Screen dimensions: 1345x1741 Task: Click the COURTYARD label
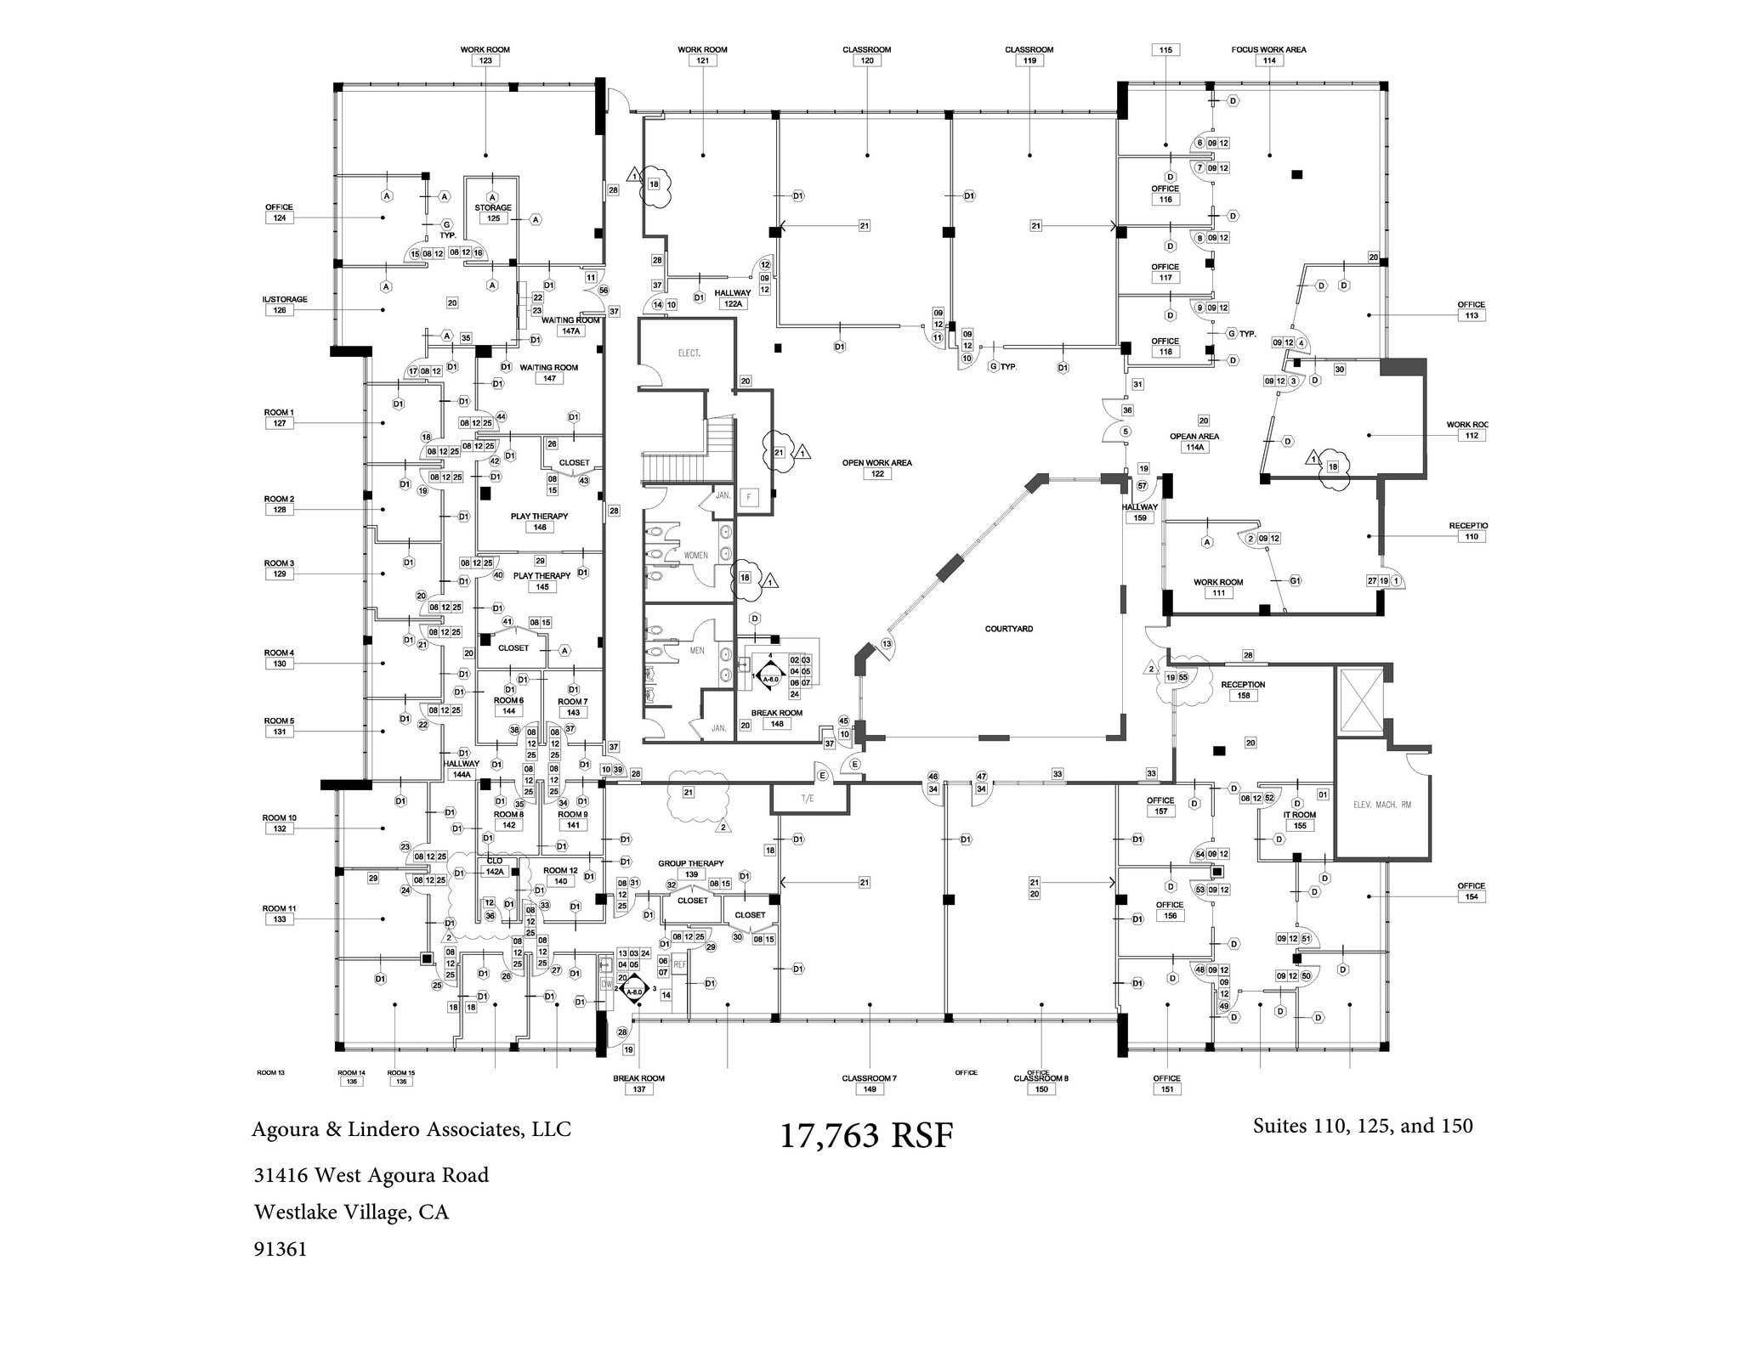[1008, 629]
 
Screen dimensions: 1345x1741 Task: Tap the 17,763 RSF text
[866, 1135]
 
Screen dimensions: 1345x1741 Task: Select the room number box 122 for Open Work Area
[877, 474]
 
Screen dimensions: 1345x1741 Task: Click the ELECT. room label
[689, 353]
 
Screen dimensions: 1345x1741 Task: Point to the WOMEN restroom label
[695, 555]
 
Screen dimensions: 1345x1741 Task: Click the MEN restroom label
[697, 651]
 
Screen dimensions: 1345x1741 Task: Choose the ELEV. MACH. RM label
[1381, 805]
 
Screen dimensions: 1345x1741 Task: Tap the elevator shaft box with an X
[1361, 700]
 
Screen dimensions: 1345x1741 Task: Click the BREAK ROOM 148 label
[776, 714]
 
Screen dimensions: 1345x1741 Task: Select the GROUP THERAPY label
[690, 863]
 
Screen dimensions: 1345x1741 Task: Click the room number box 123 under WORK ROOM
[485, 61]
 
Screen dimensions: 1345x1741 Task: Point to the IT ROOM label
[1299, 815]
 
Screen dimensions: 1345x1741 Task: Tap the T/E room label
[807, 799]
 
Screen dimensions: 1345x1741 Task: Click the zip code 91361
[280, 1249]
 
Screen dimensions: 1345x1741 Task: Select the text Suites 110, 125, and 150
[1362, 1126]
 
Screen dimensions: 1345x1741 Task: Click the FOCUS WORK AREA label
[1268, 49]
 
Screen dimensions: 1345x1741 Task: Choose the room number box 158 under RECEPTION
[1243, 696]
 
